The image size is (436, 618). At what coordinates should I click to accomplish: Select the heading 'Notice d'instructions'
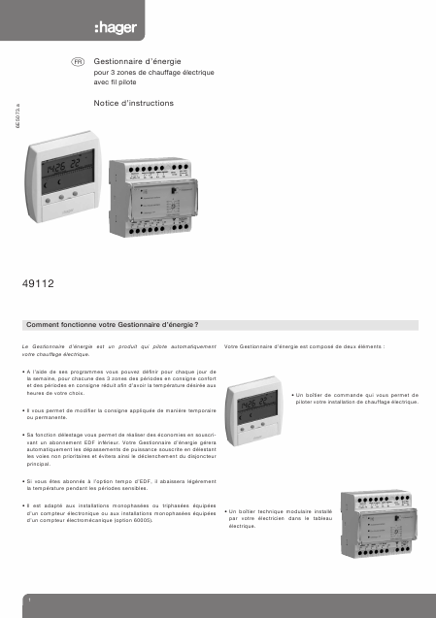[x=132, y=102]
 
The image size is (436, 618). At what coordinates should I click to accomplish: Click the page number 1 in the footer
[x=31, y=602]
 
